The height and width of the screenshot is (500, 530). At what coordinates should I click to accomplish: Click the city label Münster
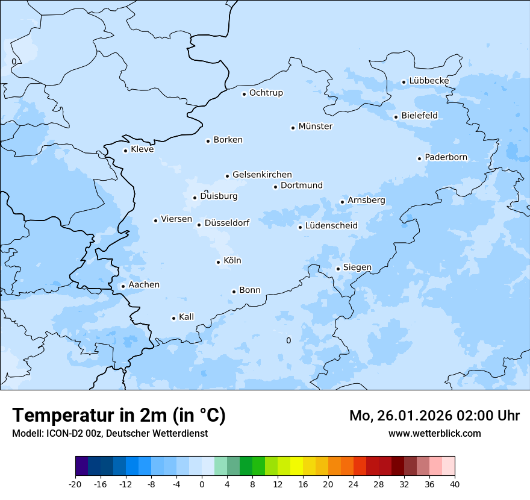click(316, 127)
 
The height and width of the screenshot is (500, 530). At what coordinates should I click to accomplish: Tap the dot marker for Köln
click(218, 262)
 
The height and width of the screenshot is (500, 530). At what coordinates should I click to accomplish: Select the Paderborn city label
click(446, 157)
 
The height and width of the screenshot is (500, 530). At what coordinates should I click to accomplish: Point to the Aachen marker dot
click(123, 287)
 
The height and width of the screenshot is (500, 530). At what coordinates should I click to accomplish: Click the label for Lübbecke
click(429, 81)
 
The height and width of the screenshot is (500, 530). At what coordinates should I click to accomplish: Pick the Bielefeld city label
click(419, 115)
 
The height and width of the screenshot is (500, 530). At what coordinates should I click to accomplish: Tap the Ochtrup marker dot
click(244, 94)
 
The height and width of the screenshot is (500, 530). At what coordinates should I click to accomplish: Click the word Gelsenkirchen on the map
click(262, 175)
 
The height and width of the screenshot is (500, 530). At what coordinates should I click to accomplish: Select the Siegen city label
click(357, 267)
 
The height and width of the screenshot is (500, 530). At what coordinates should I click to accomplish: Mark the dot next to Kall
click(173, 318)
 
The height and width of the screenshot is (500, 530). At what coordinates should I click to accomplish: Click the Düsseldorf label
click(227, 223)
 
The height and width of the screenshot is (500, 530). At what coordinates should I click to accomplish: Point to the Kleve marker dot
click(125, 151)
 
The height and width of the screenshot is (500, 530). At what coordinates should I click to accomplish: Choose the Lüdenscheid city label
click(331, 226)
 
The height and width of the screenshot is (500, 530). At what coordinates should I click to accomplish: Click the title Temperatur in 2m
click(119, 416)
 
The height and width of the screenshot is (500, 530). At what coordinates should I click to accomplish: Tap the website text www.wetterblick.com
click(434, 434)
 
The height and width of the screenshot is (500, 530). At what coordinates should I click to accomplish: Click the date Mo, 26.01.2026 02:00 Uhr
click(434, 416)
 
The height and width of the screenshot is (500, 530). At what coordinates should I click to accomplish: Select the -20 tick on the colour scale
click(75, 484)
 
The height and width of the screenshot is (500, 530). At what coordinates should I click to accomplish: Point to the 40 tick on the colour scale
click(455, 484)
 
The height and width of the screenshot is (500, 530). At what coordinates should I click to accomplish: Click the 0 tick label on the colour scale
click(202, 484)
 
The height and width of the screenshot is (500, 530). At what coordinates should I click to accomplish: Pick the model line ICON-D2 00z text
click(110, 434)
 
